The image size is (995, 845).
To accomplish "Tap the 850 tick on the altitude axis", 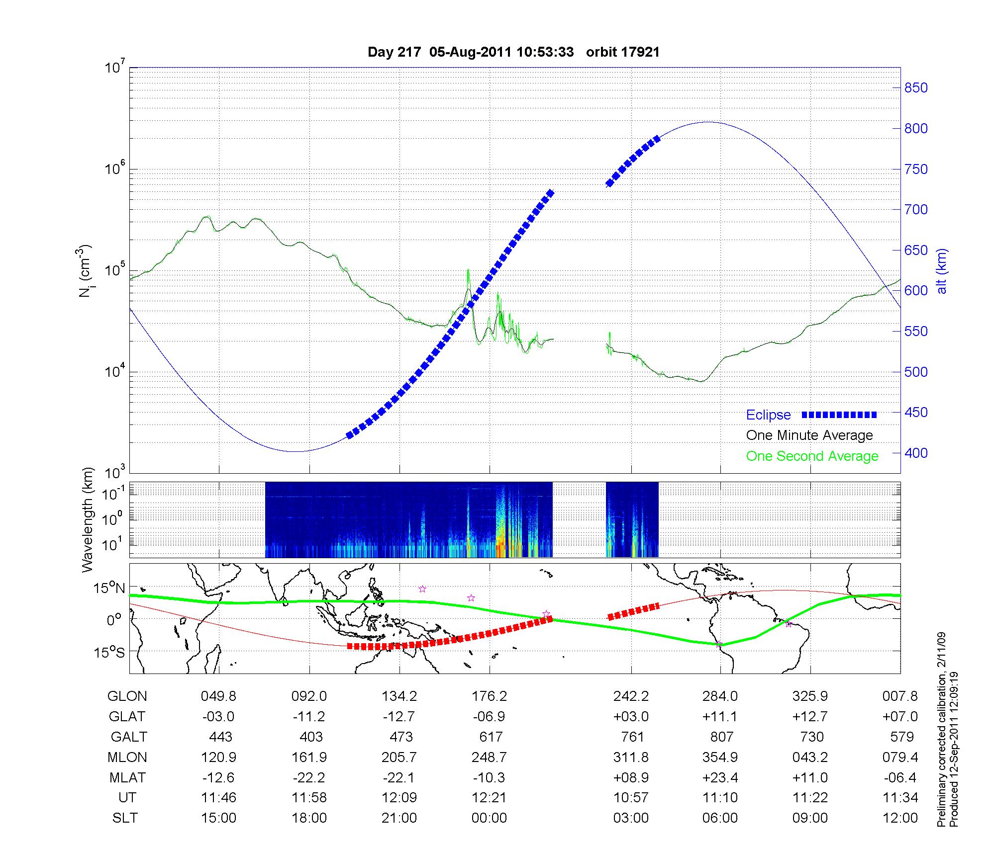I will [x=915, y=88].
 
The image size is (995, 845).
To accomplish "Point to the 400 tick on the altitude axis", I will [x=915, y=453].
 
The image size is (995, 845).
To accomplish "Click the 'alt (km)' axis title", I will [x=942, y=271].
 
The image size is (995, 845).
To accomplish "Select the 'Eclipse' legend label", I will [x=768, y=415].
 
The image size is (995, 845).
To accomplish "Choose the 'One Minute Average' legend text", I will [x=809, y=435].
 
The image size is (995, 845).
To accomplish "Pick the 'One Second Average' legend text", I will [x=812, y=456].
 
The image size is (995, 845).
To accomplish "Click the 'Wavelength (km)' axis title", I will [x=88, y=519].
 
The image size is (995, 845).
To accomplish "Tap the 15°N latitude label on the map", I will [x=109, y=589].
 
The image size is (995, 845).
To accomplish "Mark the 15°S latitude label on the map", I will [x=109, y=652].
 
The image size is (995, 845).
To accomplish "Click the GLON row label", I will [x=127, y=696].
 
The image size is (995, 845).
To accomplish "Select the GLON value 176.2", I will [x=490, y=696].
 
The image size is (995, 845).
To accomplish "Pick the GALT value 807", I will [x=721, y=737].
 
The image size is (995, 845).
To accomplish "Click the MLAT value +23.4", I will [x=720, y=777].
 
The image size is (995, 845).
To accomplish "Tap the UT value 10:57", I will [x=631, y=798].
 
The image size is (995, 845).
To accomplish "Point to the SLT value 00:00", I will [x=490, y=818].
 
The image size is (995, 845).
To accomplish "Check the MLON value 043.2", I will [x=810, y=757].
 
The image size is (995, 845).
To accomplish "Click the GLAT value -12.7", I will [x=399, y=717].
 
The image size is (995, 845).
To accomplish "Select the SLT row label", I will [x=125, y=818].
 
